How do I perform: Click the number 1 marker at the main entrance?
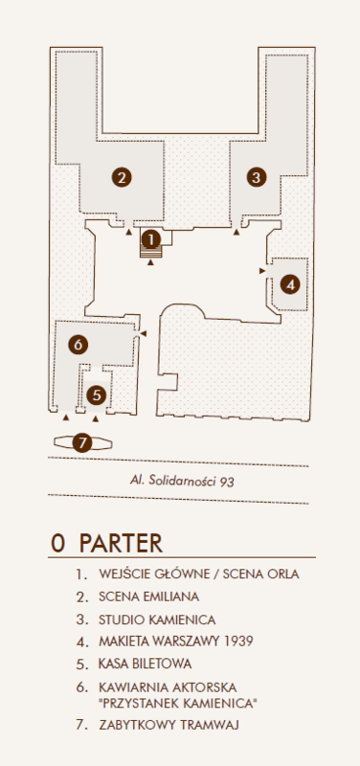(151, 240)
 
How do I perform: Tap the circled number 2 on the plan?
(122, 177)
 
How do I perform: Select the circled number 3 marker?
(257, 176)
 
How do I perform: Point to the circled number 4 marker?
(291, 284)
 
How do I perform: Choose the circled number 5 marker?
(97, 394)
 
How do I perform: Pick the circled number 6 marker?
(79, 345)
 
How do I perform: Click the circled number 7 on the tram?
(82, 443)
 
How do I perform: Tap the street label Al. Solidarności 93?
(182, 482)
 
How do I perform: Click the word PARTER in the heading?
(121, 543)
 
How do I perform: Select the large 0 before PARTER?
(57, 544)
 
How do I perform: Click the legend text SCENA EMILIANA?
(148, 597)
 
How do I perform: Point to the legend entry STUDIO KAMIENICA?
(157, 620)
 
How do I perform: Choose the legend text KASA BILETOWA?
(146, 664)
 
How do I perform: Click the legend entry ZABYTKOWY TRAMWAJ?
(169, 725)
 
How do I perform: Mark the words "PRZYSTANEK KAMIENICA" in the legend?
(178, 704)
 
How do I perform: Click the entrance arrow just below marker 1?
(151, 262)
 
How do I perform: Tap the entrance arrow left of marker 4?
(262, 270)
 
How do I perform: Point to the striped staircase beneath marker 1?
(151, 252)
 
